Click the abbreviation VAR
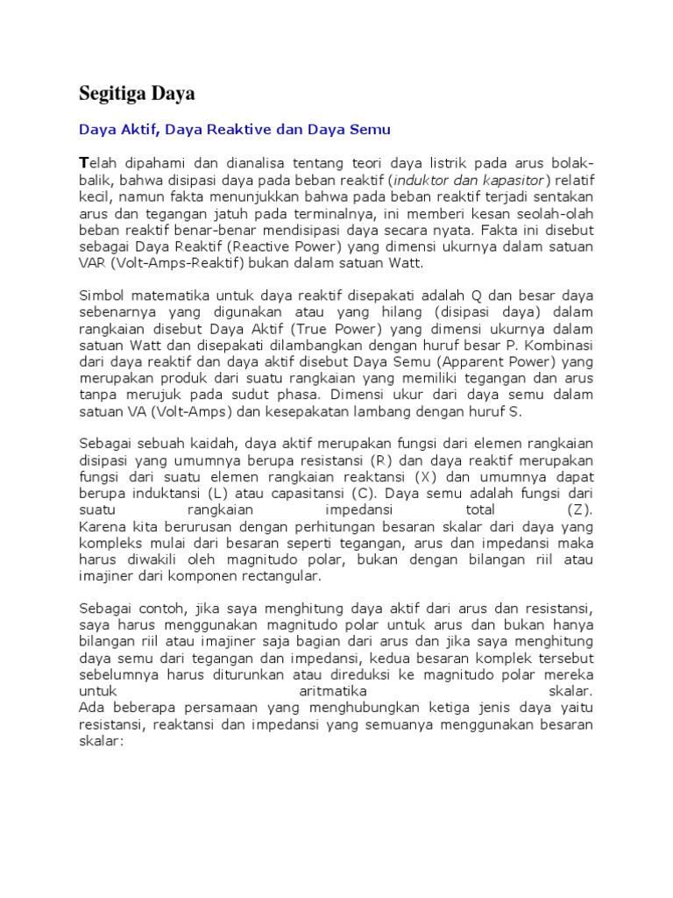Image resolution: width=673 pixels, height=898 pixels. pyautogui.click(x=93, y=262)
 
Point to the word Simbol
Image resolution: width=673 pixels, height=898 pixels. pyautogui.click(x=102, y=296)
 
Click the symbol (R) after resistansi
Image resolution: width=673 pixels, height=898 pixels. pyautogui.click(x=380, y=460)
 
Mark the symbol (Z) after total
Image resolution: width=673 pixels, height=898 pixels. pyautogui.click(x=579, y=510)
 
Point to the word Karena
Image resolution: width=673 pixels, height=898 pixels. pyautogui.click(x=102, y=526)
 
